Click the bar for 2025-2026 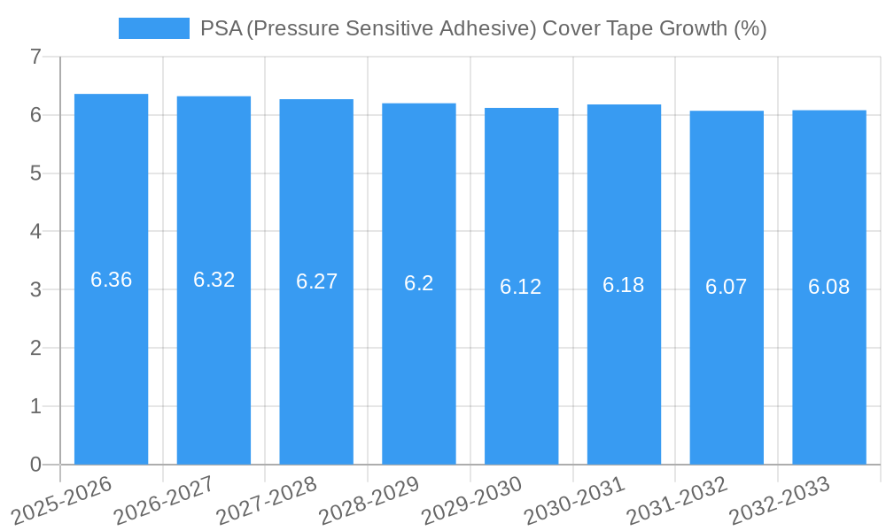pos(111,279)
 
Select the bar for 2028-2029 pos(419,283)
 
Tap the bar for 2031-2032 pos(727,288)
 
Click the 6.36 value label pos(111,280)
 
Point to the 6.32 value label pos(214,280)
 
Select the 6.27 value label pos(316,281)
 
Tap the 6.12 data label pos(521,287)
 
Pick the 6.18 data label pos(624,285)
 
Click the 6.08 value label pos(829,287)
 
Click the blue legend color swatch pos(153,28)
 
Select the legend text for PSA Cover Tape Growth pos(483,28)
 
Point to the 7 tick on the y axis pos(35,58)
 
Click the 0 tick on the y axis pos(35,465)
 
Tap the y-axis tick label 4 pos(35,232)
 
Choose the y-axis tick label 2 pos(35,348)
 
